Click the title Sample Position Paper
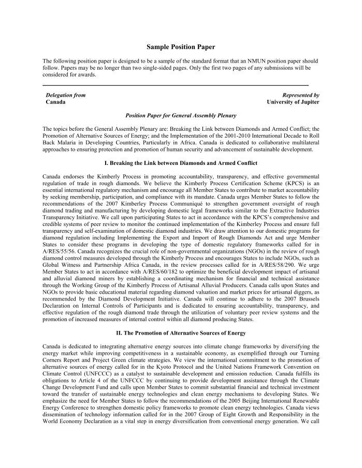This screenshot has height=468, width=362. (180, 47)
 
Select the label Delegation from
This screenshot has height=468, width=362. (66, 95)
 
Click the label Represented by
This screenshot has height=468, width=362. (300, 95)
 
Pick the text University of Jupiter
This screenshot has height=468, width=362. (293, 102)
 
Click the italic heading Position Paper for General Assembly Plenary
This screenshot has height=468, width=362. (181, 116)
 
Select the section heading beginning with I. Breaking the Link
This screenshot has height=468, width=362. (180, 163)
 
